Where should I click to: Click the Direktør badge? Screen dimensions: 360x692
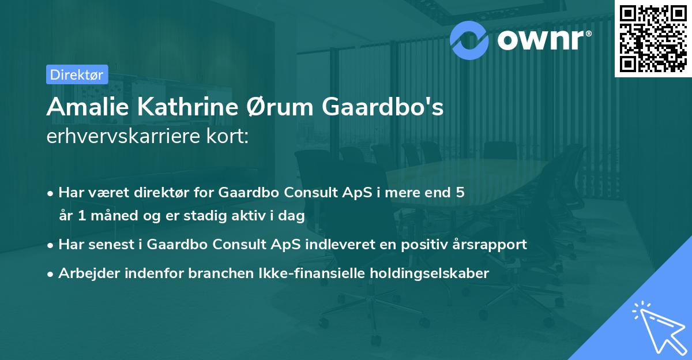[x=77, y=74]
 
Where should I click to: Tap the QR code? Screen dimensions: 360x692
[x=653, y=38]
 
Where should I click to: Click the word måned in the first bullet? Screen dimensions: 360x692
[x=114, y=216]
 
